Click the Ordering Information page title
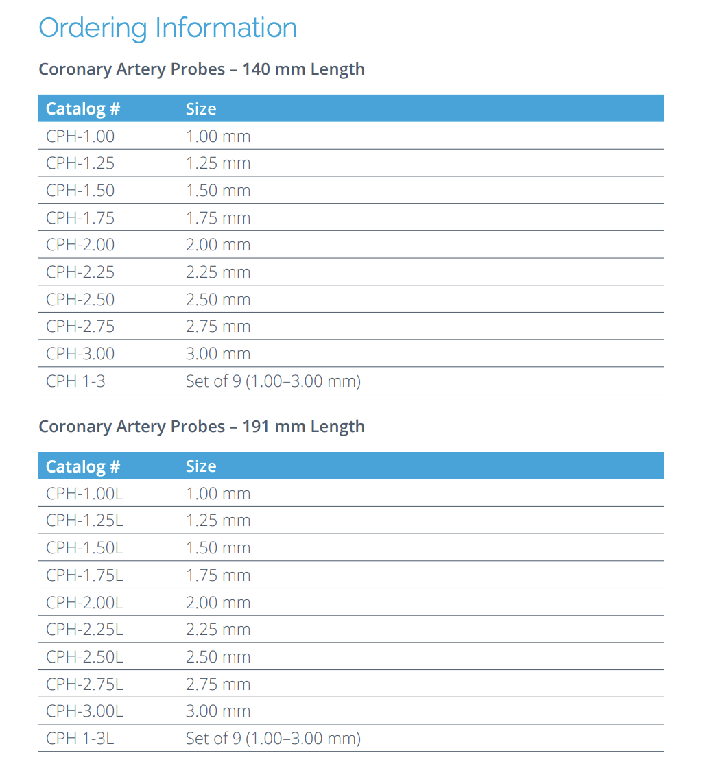click(x=167, y=28)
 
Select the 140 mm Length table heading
click(x=202, y=69)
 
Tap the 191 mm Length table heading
click(x=202, y=427)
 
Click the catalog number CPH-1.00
click(x=80, y=136)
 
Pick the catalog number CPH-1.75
click(x=80, y=218)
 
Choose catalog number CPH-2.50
click(x=80, y=300)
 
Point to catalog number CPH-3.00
click(x=80, y=354)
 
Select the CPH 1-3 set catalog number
click(x=75, y=381)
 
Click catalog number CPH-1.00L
click(x=84, y=494)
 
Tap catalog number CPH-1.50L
click(x=84, y=548)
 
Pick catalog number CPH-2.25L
click(x=84, y=630)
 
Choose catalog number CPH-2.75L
click(x=84, y=684)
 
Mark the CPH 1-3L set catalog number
click(x=80, y=739)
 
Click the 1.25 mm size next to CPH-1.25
click(x=218, y=163)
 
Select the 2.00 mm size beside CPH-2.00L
click(x=218, y=603)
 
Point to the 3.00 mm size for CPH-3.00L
click(x=218, y=711)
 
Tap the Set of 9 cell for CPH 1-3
click(x=273, y=381)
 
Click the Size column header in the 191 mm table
click(x=201, y=466)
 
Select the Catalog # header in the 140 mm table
click(x=83, y=109)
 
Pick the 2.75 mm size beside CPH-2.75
click(x=218, y=326)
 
